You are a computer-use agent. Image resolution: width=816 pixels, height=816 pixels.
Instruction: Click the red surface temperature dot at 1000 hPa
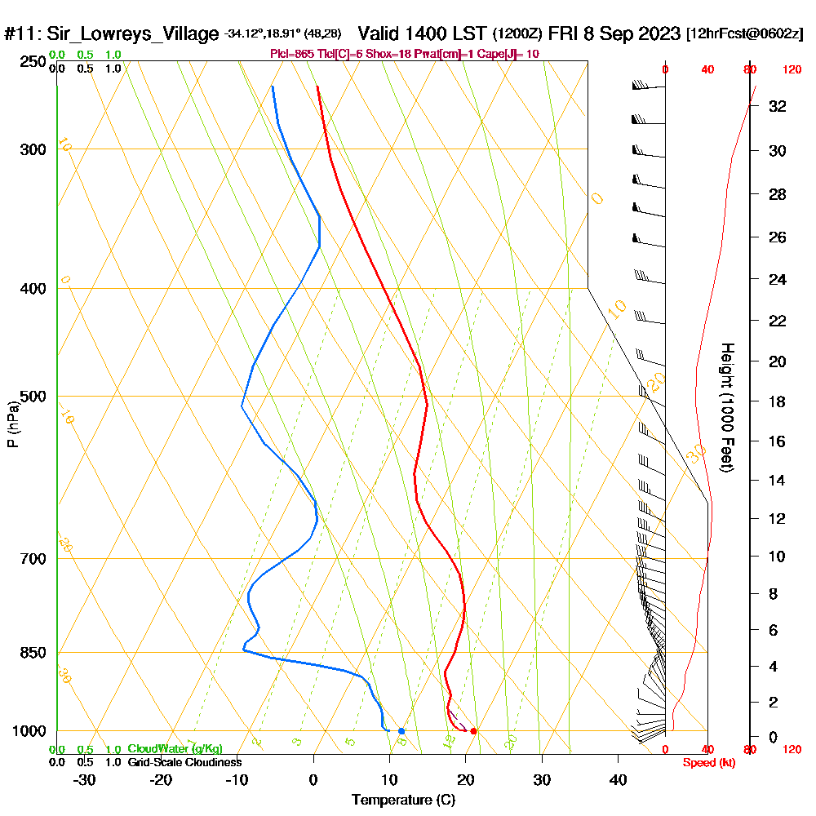tap(473, 730)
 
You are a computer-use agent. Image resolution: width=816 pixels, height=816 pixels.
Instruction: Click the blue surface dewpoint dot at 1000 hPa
tap(401, 730)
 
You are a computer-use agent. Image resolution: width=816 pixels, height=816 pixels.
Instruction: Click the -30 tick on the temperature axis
tap(85, 779)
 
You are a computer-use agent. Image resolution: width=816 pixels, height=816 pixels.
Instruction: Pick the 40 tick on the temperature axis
tap(618, 779)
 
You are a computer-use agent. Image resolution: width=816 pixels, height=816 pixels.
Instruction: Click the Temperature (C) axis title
tap(403, 800)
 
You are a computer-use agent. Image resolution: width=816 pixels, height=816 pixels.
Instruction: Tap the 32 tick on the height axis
tap(778, 106)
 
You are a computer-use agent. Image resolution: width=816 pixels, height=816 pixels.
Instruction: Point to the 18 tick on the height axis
tap(778, 401)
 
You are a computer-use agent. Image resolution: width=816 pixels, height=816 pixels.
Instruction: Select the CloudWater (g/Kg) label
tap(175, 748)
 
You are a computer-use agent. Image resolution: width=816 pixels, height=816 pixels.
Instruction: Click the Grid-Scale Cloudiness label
tap(184, 762)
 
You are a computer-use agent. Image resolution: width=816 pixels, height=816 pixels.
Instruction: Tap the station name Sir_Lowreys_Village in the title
tap(133, 34)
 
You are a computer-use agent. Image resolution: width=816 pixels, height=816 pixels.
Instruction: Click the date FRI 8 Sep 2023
tap(614, 34)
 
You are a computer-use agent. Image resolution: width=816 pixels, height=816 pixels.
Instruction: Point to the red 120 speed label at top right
tap(791, 69)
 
